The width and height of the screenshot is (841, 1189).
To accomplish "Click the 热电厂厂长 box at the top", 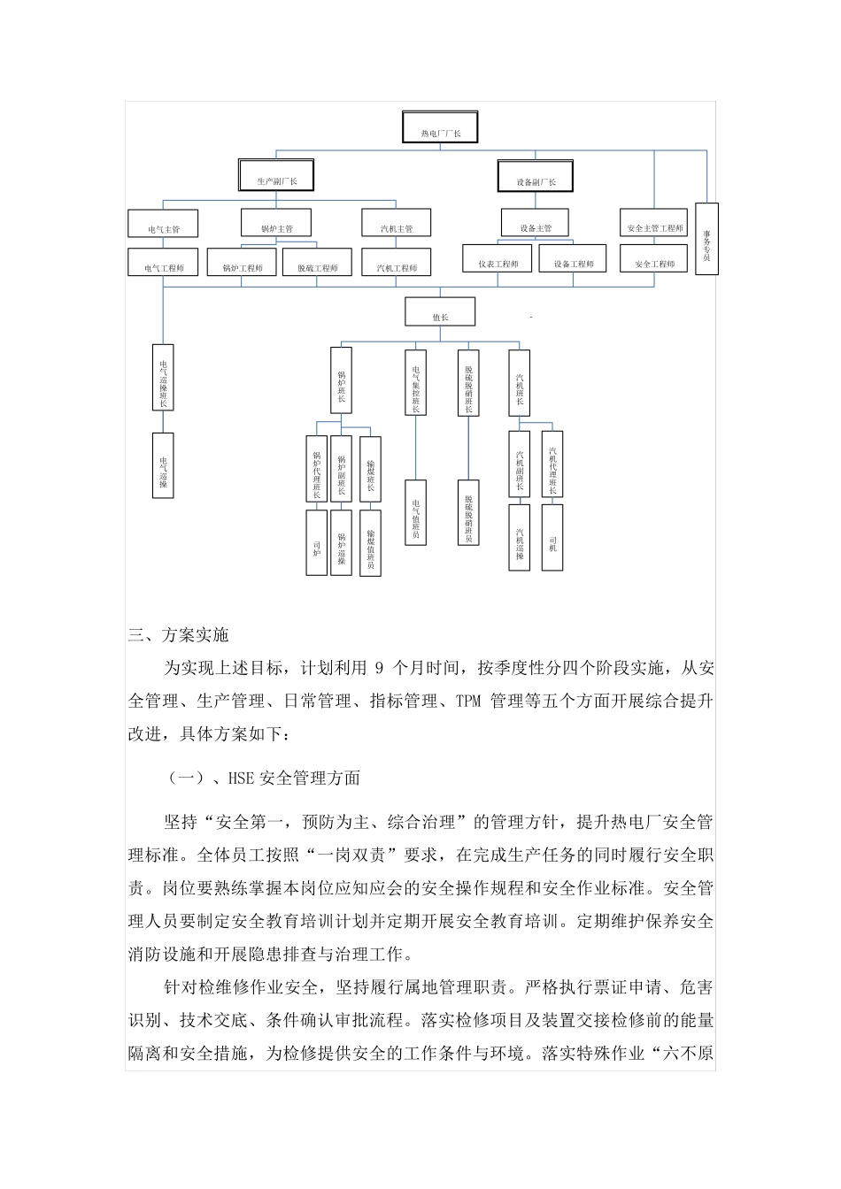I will click(x=440, y=127).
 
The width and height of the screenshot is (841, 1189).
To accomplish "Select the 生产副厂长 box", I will click(x=277, y=175).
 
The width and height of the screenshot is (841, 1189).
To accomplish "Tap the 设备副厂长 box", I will click(x=535, y=176).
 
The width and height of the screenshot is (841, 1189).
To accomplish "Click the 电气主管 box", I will click(x=163, y=223).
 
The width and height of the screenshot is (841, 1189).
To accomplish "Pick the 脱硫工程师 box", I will click(x=316, y=262).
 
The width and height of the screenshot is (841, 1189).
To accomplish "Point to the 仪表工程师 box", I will click(x=498, y=258).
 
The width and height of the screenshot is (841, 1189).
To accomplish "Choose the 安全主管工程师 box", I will click(x=654, y=223).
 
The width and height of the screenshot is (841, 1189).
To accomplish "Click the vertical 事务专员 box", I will click(x=706, y=239).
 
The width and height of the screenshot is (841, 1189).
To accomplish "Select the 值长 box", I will click(x=440, y=312).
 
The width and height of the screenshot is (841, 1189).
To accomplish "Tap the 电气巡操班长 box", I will click(x=163, y=378).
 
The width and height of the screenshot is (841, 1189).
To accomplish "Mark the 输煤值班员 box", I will click(x=370, y=543).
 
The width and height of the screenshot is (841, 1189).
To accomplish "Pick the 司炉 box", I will click(x=316, y=543).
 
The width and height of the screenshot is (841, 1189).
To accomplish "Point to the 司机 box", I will click(x=552, y=538).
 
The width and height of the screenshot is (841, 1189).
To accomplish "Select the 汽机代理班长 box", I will click(x=552, y=464).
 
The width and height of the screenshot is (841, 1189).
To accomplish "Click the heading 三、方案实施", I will click(x=179, y=635).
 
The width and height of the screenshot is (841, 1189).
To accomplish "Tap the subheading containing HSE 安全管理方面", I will click(x=263, y=779).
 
